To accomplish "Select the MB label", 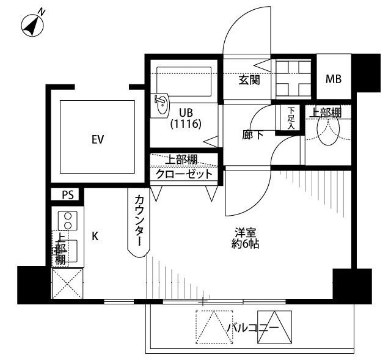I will [333, 79].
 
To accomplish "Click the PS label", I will [67, 196].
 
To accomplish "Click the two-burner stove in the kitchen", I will [67, 221].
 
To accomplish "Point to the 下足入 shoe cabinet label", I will [291, 119].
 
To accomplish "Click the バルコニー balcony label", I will [253, 328].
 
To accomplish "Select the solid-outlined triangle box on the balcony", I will [276, 328].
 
